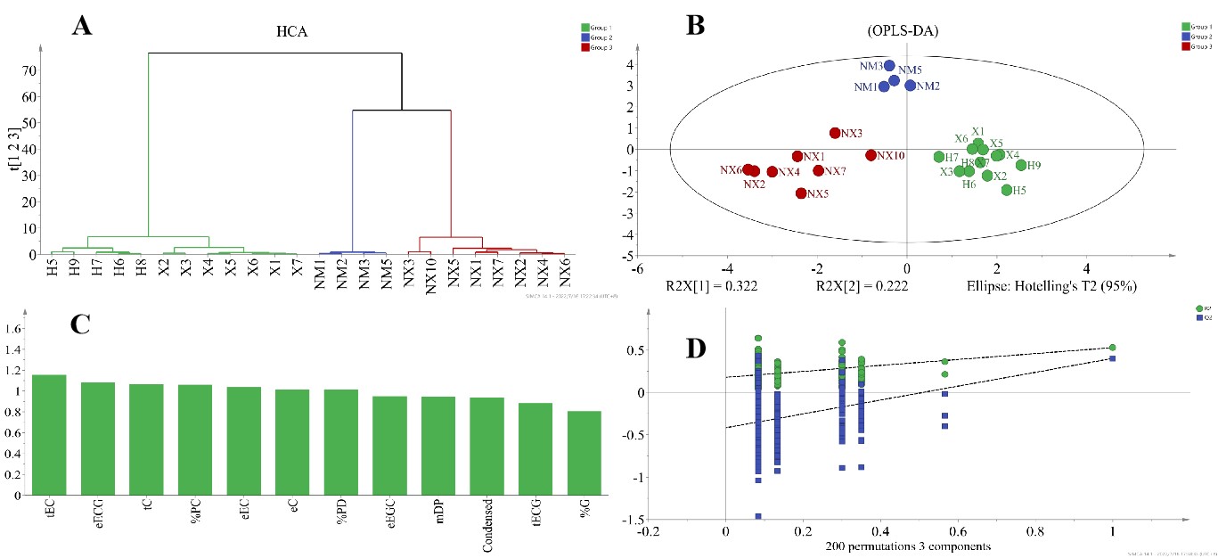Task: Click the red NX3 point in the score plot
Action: [x=835, y=133]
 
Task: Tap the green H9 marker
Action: [x=1021, y=165]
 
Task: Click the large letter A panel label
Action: [x=82, y=26]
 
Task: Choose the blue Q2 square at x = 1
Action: [x=1113, y=358]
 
